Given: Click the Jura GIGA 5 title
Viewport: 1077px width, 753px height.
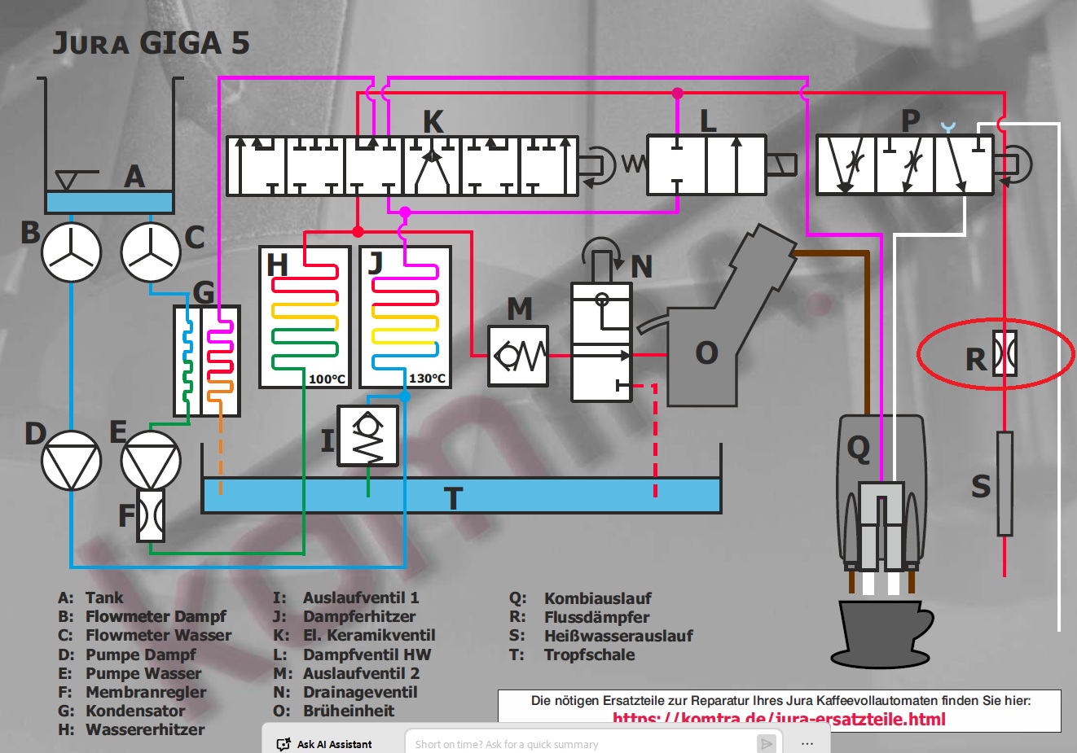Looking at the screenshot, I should coord(152,43).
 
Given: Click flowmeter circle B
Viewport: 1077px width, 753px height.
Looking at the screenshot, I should coord(72,252).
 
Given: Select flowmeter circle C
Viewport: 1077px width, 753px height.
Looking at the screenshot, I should coord(151,252).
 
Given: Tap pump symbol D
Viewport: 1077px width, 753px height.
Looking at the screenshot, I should coord(72,460).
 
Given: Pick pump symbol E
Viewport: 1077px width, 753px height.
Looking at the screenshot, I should coord(151,460).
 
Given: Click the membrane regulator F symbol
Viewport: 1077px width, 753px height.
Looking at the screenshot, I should coord(151,515).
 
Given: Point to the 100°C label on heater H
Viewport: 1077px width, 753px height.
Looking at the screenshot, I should coord(327,379).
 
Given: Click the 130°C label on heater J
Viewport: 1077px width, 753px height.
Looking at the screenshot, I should coord(427,379).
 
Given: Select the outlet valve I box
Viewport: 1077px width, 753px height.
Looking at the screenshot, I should coord(368,436).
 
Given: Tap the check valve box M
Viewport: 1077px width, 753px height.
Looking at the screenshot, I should coord(518,356).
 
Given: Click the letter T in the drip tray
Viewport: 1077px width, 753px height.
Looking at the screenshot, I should coord(453,497).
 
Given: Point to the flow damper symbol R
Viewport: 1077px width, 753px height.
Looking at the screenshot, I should coord(1005,354).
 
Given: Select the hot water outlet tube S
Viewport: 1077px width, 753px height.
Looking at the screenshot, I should coord(1004,484).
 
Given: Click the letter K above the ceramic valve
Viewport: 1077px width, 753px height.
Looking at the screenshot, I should coord(433,122).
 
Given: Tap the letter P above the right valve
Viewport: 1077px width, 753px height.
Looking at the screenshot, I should coord(911,121).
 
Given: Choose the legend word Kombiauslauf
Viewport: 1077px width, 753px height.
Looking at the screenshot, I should coord(598,598).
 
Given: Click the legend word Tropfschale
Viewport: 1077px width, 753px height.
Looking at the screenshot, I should coord(589,654).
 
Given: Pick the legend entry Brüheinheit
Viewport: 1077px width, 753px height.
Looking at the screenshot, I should coord(349,711).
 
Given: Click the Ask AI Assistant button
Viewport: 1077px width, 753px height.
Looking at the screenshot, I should coord(325,744).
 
